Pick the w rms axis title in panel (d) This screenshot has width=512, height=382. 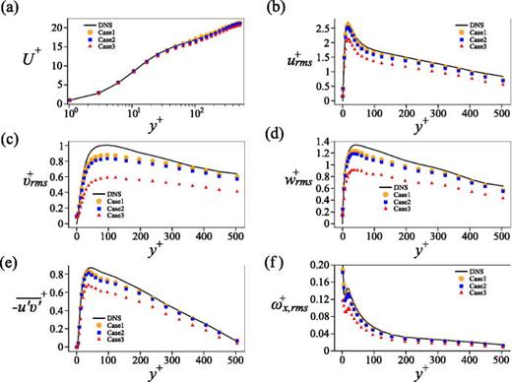(287, 184)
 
